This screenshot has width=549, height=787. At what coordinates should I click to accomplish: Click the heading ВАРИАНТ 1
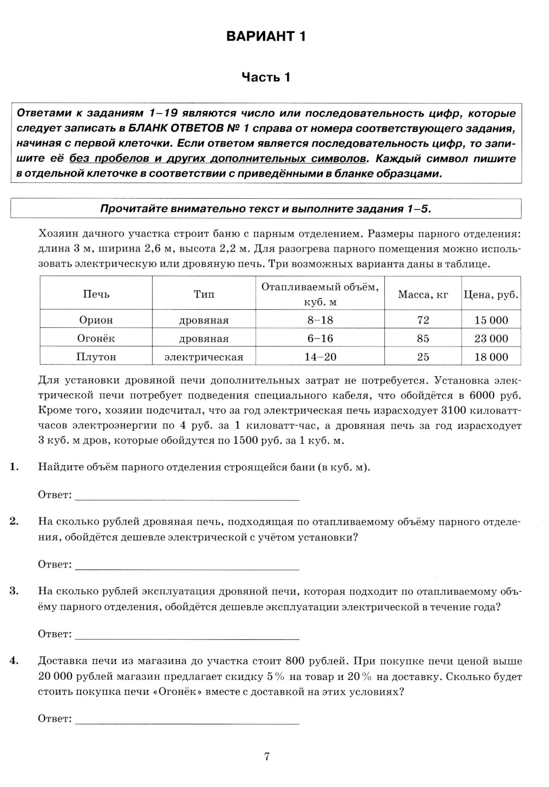click(x=266, y=37)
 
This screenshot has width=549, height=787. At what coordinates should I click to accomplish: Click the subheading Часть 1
click(x=266, y=77)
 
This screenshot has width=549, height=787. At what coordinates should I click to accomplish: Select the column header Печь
click(x=96, y=294)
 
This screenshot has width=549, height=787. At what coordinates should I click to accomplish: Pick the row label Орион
click(x=96, y=320)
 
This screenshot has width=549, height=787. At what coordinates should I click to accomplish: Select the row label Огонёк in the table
click(x=96, y=338)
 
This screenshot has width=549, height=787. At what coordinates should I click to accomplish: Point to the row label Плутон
click(x=96, y=357)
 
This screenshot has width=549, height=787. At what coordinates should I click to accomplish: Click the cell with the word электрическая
click(x=204, y=357)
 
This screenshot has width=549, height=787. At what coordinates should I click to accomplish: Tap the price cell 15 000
click(x=491, y=320)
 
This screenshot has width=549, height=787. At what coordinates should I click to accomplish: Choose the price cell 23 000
click(x=491, y=338)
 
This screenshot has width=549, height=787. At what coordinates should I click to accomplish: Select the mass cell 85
click(x=423, y=338)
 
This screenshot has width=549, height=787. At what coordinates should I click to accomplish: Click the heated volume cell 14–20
click(x=320, y=357)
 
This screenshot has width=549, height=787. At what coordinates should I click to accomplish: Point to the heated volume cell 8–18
click(x=320, y=320)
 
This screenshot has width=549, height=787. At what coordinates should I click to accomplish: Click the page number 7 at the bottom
click(x=267, y=757)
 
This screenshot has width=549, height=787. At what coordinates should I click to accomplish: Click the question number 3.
click(x=14, y=591)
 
